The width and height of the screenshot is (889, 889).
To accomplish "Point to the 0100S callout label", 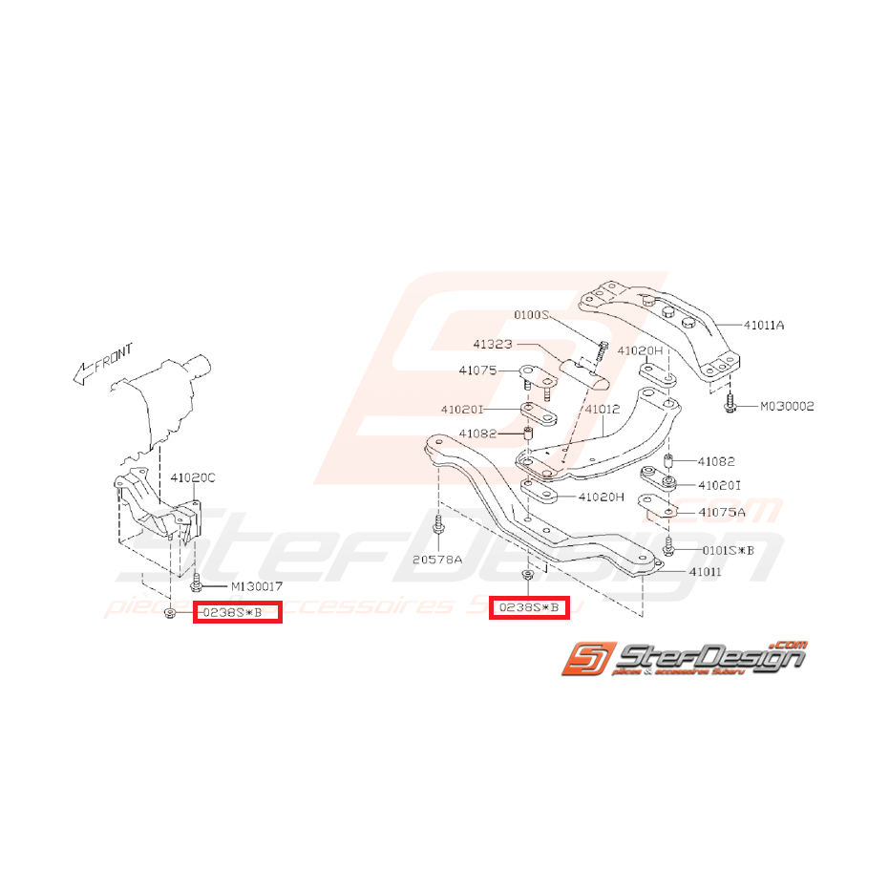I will (x=533, y=314).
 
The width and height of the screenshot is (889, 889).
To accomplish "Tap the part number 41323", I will (x=492, y=342).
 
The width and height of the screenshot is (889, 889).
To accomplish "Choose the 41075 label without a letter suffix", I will (x=477, y=370).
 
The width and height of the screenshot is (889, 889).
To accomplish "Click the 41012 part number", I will (x=603, y=409).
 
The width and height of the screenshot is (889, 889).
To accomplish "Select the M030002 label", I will (x=787, y=406).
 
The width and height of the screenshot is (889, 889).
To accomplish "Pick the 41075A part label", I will (x=723, y=512).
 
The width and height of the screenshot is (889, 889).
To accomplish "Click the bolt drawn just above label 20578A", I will (x=437, y=527).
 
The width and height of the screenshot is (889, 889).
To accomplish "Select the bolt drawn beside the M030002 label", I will (x=730, y=404).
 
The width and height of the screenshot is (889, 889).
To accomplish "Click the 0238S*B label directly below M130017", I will (x=237, y=611).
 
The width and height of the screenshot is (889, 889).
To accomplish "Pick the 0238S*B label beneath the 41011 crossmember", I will (x=529, y=607).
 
